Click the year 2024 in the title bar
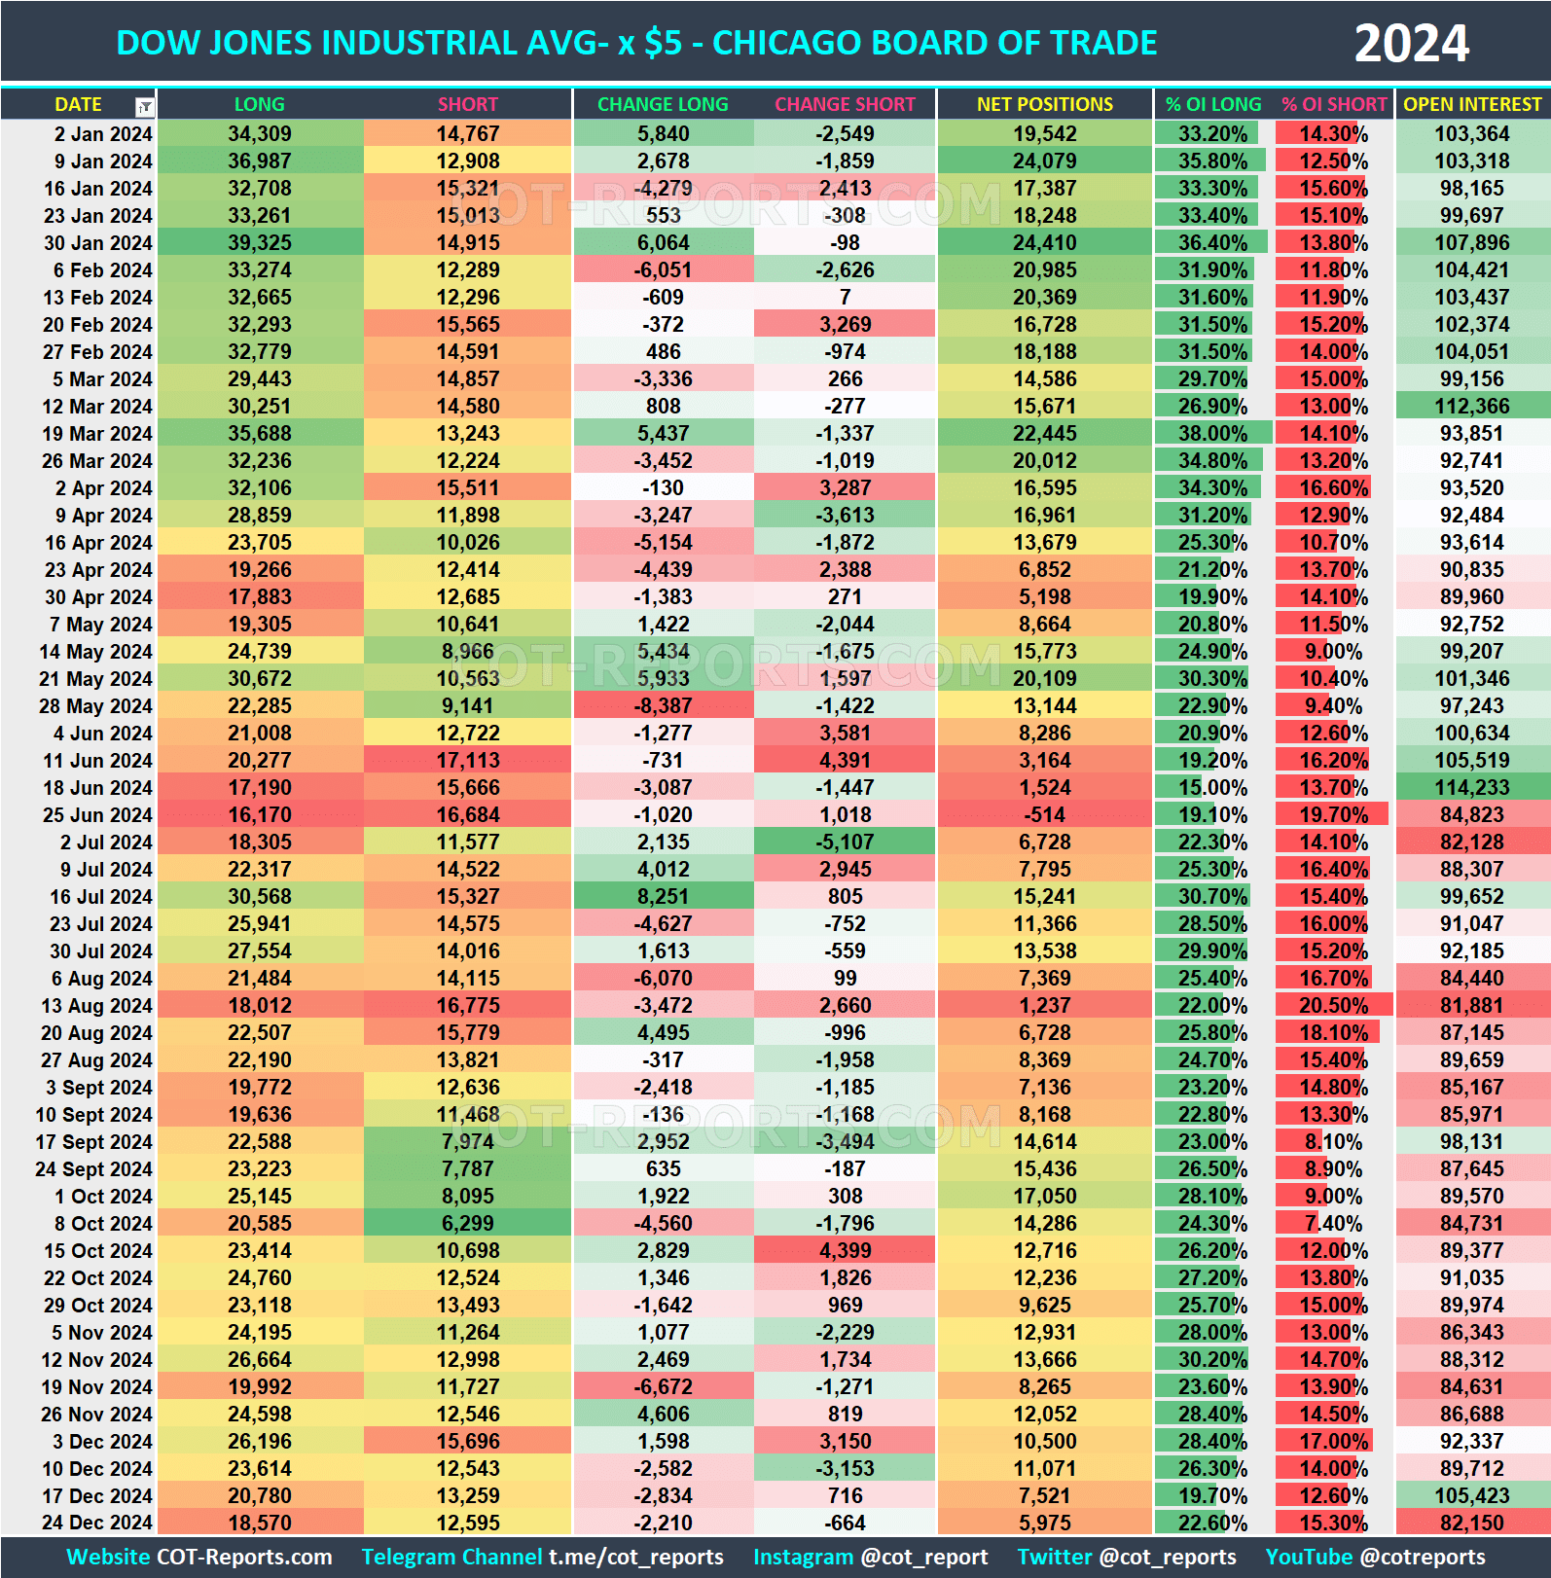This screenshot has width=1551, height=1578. [1411, 44]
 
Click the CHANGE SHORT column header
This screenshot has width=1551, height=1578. [845, 104]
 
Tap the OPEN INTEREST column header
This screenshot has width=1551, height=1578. [1472, 104]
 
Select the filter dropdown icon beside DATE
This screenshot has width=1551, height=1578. [144, 106]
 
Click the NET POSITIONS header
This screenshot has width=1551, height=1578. [1044, 104]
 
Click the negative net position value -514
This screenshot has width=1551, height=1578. [1044, 815]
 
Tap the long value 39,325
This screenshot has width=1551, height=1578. [260, 243]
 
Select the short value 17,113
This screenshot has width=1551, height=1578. [468, 761]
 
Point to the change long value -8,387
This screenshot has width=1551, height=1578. [664, 706]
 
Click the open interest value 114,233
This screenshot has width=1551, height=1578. [1472, 788]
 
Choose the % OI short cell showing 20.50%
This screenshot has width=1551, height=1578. [1333, 1006]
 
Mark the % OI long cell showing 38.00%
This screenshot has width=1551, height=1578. [1212, 434]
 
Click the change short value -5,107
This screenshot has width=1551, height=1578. [845, 843]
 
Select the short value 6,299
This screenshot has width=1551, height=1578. [468, 1224]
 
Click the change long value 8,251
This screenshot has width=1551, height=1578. [664, 897]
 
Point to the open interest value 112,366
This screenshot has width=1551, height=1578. [1472, 407]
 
